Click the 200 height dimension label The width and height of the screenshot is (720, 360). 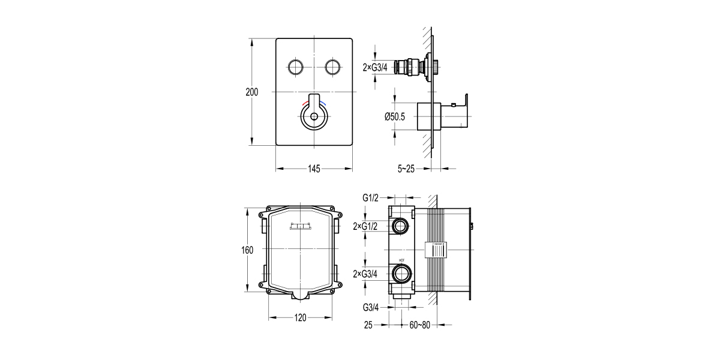click(x=252, y=92)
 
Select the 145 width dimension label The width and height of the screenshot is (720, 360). click(x=314, y=169)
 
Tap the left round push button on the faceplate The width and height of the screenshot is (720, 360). click(x=295, y=66)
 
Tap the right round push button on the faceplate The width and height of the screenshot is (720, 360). click(x=333, y=66)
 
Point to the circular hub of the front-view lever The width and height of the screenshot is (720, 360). click(x=314, y=116)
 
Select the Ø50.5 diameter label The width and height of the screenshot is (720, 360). click(x=395, y=117)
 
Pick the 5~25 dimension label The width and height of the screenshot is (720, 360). click(x=406, y=169)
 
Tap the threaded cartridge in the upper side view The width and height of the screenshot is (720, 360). click(x=414, y=67)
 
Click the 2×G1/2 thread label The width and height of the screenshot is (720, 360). click(x=365, y=226)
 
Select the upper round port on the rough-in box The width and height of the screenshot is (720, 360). click(x=400, y=226)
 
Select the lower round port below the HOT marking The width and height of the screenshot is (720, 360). click(x=400, y=275)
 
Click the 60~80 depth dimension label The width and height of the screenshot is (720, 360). click(x=421, y=325)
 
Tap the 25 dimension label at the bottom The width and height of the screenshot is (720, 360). click(x=368, y=325)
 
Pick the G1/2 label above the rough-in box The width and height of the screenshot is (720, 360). click(x=370, y=197)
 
